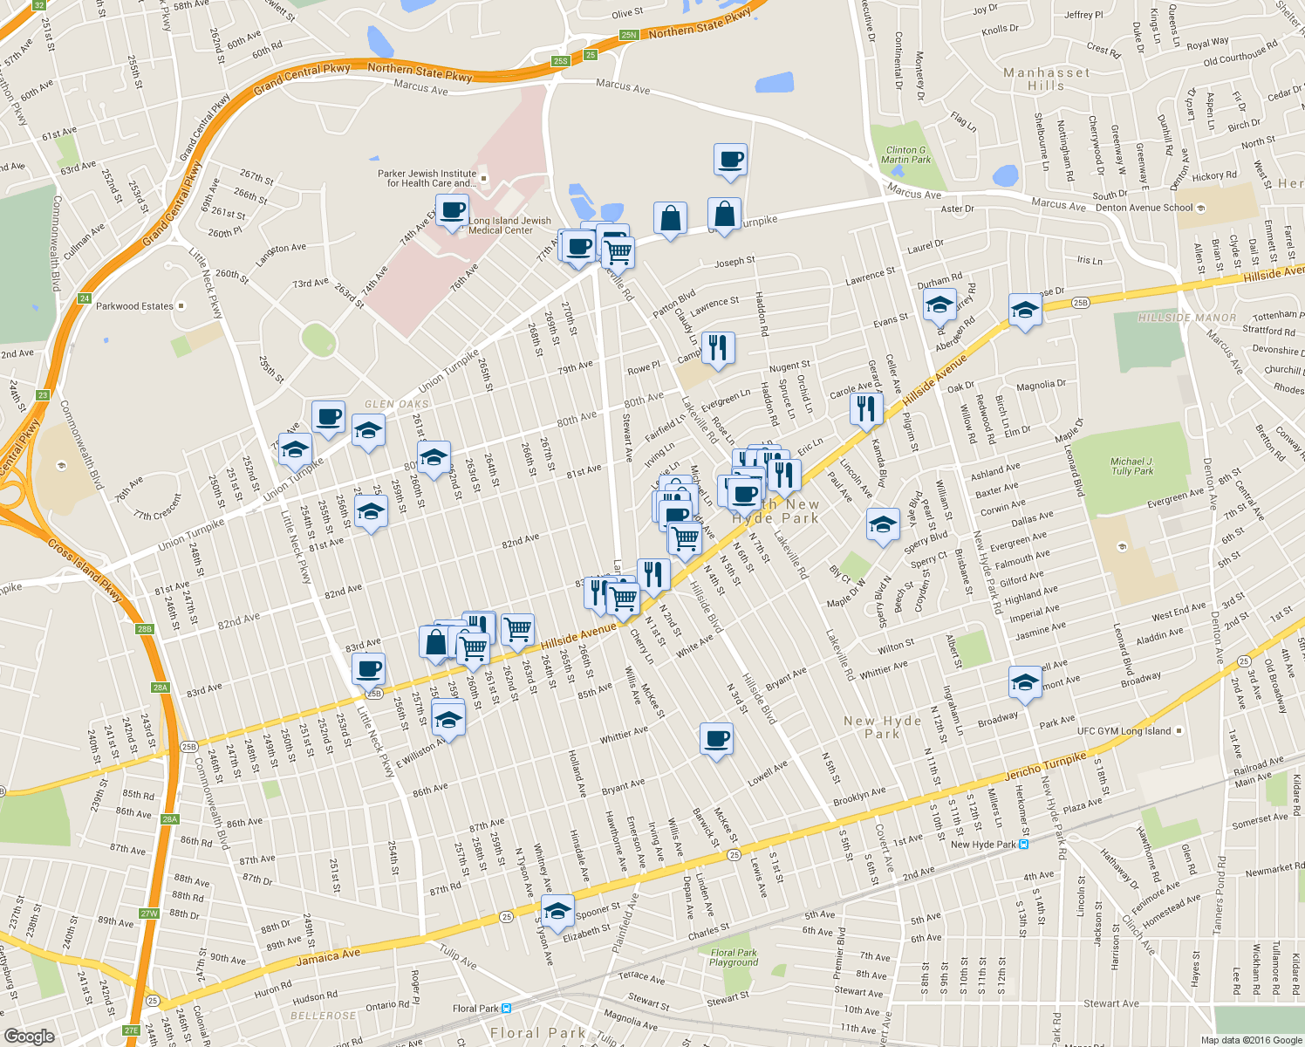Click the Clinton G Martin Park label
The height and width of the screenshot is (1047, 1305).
(906, 154)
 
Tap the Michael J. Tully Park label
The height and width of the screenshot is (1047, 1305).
(1132, 466)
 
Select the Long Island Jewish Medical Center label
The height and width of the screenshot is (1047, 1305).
(509, 225)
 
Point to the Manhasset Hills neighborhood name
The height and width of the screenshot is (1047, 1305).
(1046, 79)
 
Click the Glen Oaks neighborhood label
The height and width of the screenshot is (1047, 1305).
(396, 404)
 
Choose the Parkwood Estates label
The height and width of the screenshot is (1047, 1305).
(135, 306)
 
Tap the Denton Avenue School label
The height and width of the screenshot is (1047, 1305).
(1144, 208)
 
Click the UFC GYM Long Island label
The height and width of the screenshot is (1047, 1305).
(1124, 731)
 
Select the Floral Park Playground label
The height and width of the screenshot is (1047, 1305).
(734, 957)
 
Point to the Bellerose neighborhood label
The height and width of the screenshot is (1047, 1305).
(323, 1016)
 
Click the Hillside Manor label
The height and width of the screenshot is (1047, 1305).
(1187, 318)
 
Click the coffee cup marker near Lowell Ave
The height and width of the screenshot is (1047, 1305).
(716, 739)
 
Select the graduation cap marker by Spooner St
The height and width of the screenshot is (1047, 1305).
(557, 911)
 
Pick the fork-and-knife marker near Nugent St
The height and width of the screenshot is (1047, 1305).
(717, 347)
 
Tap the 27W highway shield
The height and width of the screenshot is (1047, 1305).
(148, 914)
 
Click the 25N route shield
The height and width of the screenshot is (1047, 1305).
(629, 35)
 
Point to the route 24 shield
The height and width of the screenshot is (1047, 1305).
(85, 298)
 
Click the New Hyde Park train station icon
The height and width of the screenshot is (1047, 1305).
(1024, 844)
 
